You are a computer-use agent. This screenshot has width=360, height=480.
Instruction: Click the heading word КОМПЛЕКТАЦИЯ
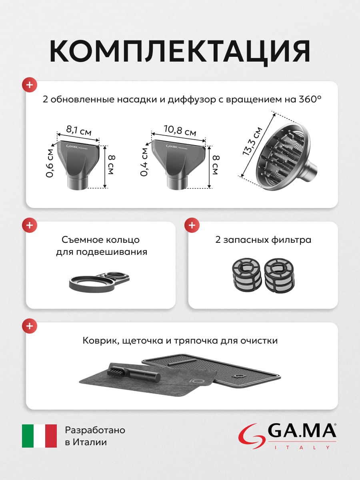coord(180,51)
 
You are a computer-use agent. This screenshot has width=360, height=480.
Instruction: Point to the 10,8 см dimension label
coord(180,130)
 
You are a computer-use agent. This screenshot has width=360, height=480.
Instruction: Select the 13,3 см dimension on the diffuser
coord(252,141)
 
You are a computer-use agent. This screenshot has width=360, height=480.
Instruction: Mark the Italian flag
coord(39,436)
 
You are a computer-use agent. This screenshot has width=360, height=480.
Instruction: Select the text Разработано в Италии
coord(95,436)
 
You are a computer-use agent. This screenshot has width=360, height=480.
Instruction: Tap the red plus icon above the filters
coord(192,225)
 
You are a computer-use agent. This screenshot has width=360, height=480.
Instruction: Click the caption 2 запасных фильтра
coord(263,240)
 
